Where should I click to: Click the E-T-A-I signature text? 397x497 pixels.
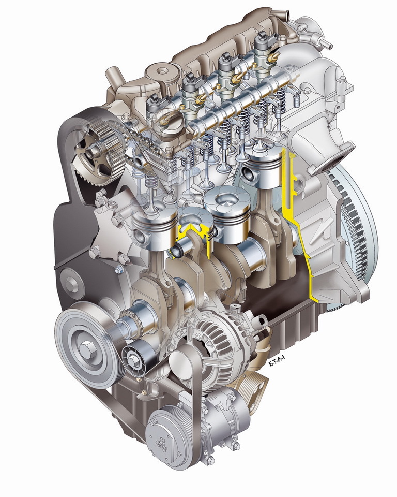[x=277, y=361]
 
